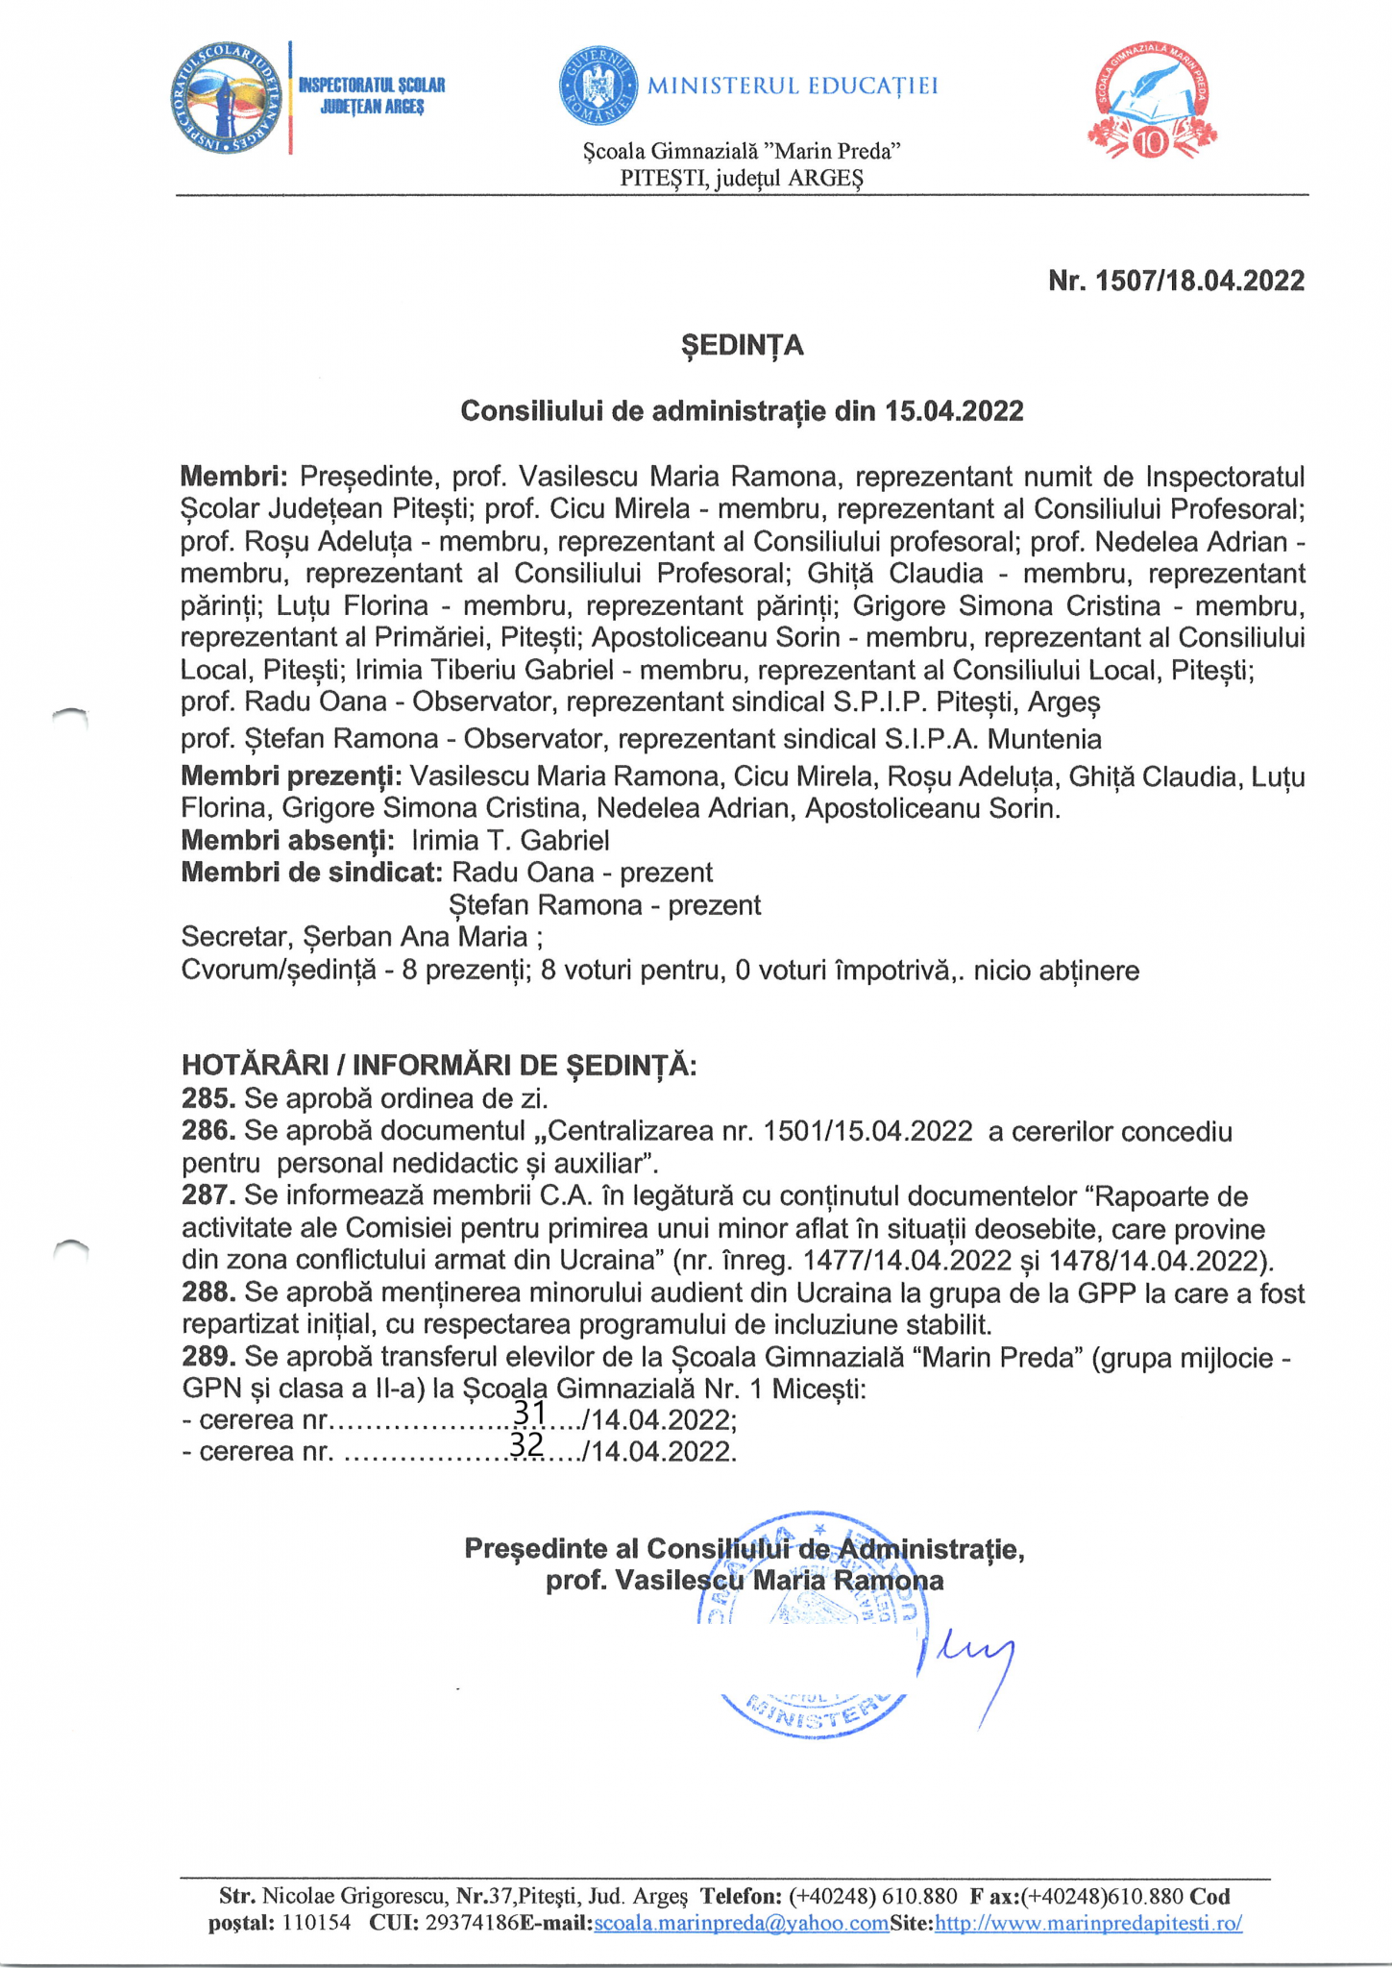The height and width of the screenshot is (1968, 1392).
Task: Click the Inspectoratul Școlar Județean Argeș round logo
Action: click(x=230, y=99)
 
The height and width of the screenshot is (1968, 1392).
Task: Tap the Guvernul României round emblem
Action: click(x=598, y=86)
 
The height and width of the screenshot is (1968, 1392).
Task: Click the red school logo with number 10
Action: click(x=1152, y=102)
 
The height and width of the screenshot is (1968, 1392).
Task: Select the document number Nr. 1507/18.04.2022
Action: click(x=1176, y=281)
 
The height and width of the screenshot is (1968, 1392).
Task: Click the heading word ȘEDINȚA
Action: click(x=742, y=345)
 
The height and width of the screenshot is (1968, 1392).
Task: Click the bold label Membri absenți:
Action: click(x=287, y=841)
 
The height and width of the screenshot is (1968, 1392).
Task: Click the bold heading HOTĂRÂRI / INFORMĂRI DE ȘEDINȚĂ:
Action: click(x=439, y=1065)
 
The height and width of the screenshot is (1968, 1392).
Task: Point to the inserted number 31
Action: click(x=529, y=1412)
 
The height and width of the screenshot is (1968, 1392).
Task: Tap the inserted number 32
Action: click(x=526, y=1444)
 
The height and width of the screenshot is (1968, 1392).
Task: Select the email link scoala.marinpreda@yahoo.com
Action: click(x=742, y=1924)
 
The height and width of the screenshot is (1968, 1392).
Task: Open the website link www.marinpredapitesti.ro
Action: click(x=1088, y=1924)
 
